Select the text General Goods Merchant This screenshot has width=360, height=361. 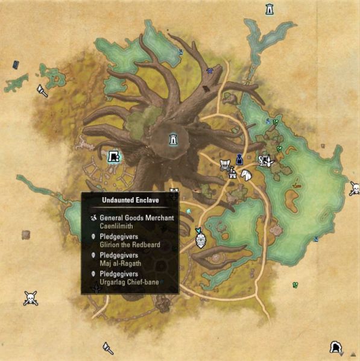(137, 218)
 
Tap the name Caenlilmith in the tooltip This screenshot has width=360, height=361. (119, 226)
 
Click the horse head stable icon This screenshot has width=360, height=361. (245, 174)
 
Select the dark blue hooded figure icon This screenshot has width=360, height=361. (239, 159)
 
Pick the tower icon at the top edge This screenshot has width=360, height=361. (269, 9)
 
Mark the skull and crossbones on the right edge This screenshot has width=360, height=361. (355, 189)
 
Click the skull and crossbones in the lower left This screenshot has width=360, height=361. (31, 298)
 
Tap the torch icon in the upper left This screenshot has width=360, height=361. (42, 90)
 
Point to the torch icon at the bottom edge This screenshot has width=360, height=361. (108, 348)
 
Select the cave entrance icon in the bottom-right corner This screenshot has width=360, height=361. (335, 347)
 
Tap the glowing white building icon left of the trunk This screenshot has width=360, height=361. (113, 157)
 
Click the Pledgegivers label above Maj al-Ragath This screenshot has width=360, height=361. (120, 256)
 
